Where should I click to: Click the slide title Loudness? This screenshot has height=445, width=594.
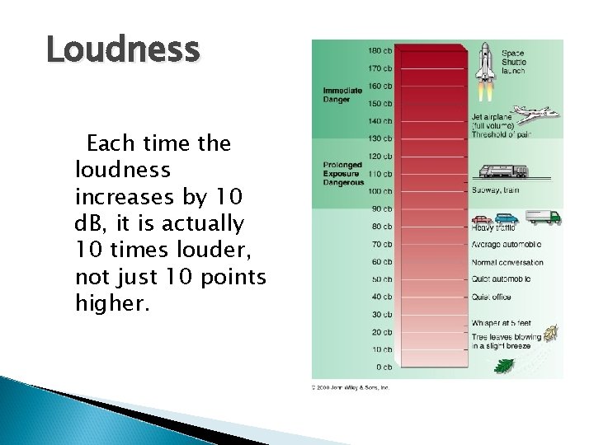(x=124, y=52)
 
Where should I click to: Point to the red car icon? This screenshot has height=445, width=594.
(x=482, y=220)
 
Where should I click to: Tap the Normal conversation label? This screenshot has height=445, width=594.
(x=507, y=262)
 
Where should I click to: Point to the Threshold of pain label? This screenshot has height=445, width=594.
(x=507, y=136)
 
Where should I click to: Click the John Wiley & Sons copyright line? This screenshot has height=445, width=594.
(x=351, y=386)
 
